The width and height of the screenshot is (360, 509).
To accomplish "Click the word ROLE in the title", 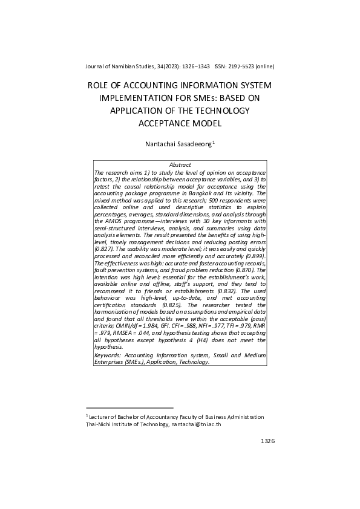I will pos(101,86).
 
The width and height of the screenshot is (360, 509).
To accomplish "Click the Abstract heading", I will pos(180,164).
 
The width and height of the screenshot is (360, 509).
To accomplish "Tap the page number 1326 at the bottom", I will pos(267,441).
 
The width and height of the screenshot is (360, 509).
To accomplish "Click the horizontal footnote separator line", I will pos(129,408).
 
